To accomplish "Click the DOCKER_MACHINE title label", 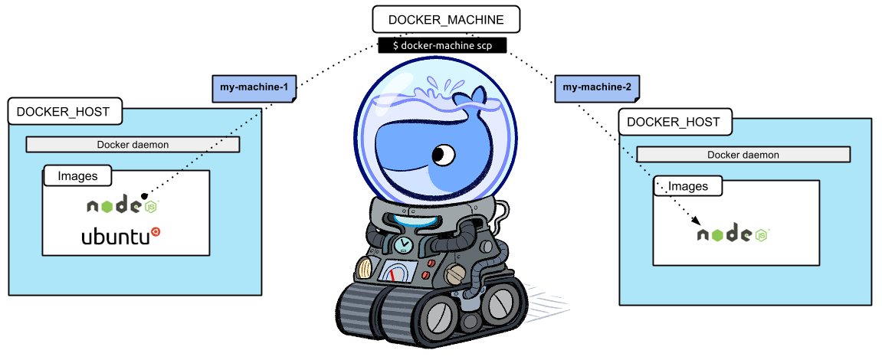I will [x=434, y=20].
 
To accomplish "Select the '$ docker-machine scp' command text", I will [x=442, y=46].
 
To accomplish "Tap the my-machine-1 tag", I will [x=253, y=88].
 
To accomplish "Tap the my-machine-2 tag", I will [x=597, y=88].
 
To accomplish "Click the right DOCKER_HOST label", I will [x=674, y=122].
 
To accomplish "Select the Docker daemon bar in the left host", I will [x=133, y=144].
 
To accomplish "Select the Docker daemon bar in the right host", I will [x=743, y=155].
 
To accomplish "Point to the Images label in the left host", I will [x=77, y=176].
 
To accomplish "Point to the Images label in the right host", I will [x=688, y=186].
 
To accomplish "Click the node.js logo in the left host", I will [x=123, y=206].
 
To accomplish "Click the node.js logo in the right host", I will [x=733, y=234].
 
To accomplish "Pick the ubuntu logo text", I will [x=115, y=237].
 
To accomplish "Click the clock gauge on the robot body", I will [x=402, y=244].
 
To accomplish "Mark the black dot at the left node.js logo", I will [x=143, y=195].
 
